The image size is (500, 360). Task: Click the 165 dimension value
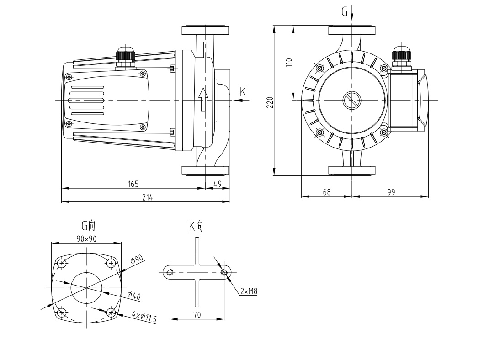pyautogui.click(x=133, y=184)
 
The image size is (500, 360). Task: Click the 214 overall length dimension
pyautogui.click(x=147, y=197)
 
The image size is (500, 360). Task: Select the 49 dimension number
pyautogui.click(x=218, y=184)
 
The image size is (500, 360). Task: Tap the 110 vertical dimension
pyautogui.click(x=288, y=62)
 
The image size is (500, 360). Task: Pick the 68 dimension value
pyautogui.click(x=327, y=192)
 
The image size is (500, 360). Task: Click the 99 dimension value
pyautogui.click(x=391, y=192)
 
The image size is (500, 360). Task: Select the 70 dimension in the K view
pyautogui.click(x=197, y=314)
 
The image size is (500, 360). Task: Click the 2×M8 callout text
pyautogui.click(x=248, y=291)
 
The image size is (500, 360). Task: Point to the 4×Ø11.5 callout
pyautogui.click(x=144, y=317)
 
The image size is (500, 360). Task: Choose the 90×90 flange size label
pyautogui.click(x=86, y=239)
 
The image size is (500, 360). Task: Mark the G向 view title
pyautogui.click(x=88, y=225)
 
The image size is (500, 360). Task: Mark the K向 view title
pyautogui.click(x=196, y=225)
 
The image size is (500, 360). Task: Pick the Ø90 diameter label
pyautogui.click(x=137, y=259)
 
